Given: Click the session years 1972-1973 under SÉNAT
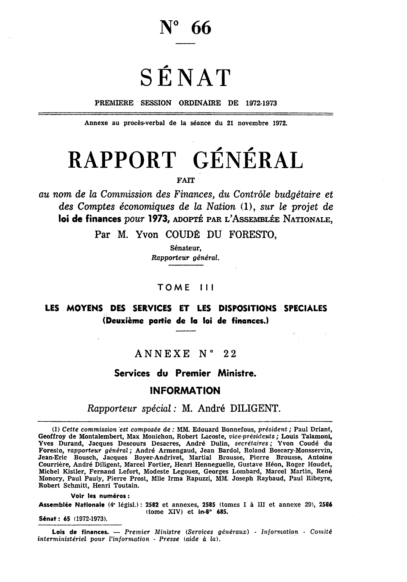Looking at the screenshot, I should coord(261,104).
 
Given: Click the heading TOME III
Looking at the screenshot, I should coord(184,288).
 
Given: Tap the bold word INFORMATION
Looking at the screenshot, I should coord(185,390).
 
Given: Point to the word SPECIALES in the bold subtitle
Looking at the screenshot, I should coord(305,309).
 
